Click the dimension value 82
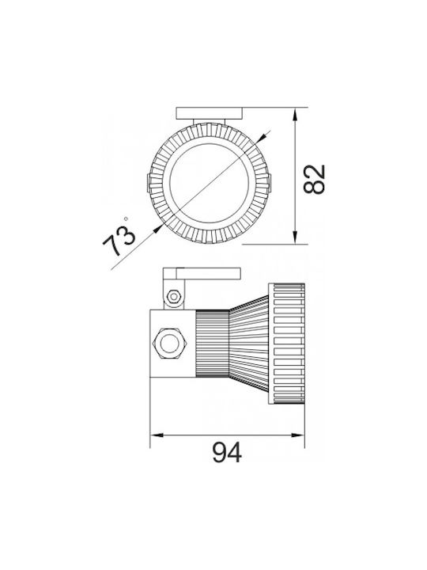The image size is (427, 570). tap(315, 179)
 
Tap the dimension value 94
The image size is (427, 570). tap(227, 453)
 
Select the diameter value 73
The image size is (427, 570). tap(119, 241)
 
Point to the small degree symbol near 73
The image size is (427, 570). tap(126, 218)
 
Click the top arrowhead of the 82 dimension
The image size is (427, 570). tap(295, 114)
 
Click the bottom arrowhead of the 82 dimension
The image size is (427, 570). tap(295, 237)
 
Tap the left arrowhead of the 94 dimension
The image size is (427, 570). tap(157, 435)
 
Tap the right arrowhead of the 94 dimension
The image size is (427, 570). tap(298, 435)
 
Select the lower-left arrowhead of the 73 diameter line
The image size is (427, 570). tap(157, 229)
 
